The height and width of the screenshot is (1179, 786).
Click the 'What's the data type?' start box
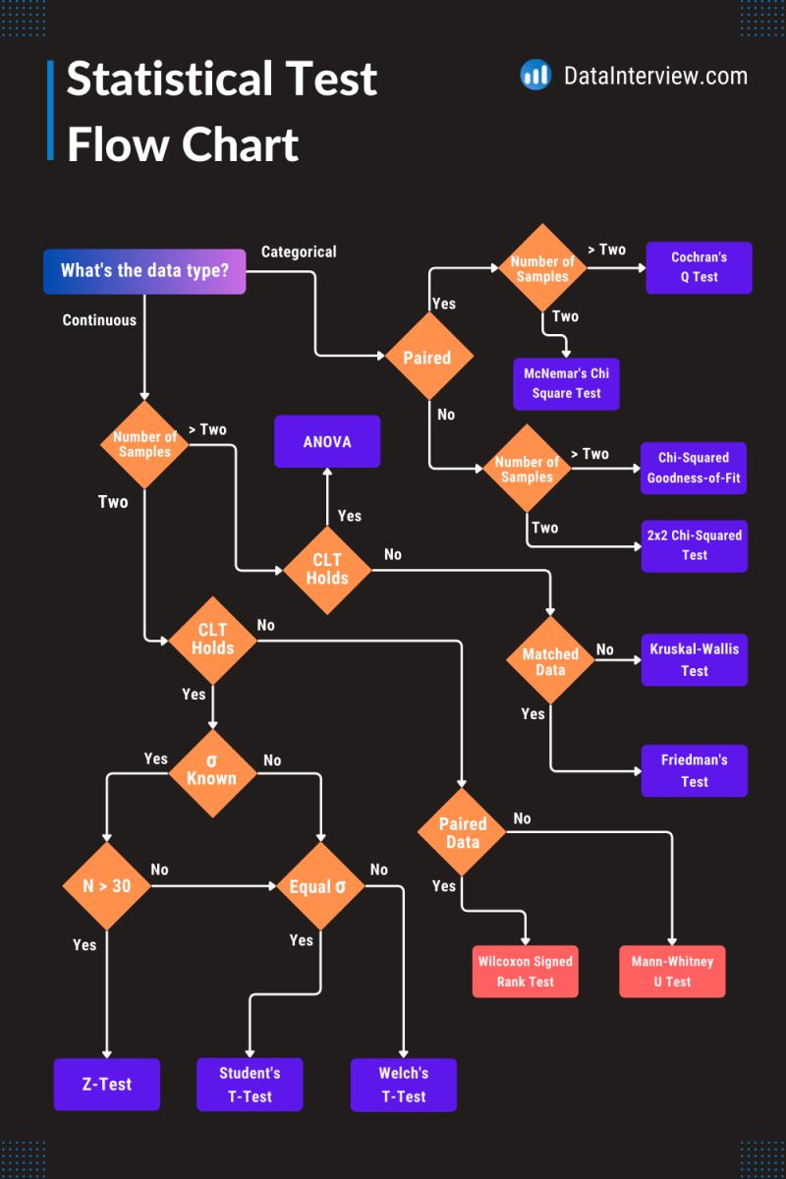(x=144, y=271)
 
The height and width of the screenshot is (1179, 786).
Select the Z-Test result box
(x=106, y=1084)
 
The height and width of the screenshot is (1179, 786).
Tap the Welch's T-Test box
(x=403, y=1084)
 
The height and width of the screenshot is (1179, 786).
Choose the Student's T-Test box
(x=250, y=1084)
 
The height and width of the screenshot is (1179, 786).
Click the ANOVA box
(x=327, y=441)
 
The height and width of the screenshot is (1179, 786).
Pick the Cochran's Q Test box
(x=699, y=267)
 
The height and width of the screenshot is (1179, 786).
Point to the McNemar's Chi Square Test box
(x=566, y=383)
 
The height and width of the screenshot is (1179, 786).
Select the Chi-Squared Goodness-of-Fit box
(x=694, y=468)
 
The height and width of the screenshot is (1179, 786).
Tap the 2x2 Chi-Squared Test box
(x=694, y=545)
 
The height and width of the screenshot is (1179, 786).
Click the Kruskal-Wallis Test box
(x=694, y=659)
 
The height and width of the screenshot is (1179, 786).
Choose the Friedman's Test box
(x=694, y=770)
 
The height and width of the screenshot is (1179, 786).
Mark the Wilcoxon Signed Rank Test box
(x=526, y=972)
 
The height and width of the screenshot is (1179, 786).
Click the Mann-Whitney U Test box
(x=672, y=972)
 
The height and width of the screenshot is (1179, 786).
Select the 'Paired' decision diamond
(x=427, y=358)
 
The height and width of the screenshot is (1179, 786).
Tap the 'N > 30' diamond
(x=106, y=886)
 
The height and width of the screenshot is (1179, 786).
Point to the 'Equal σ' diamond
(x=318, y=886)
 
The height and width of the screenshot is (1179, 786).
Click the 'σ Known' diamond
(x=212, y=772)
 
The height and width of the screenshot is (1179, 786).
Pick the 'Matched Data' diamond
(x=550, y=661)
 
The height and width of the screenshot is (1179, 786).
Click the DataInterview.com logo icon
(x=535, y=75)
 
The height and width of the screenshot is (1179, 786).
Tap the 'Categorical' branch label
(x=299, y=252)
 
